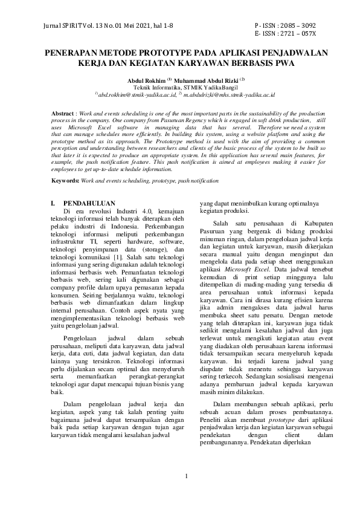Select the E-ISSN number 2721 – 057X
(300, 34)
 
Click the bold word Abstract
(63, 114)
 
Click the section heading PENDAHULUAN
(89, 203)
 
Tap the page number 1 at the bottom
(187, 476)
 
